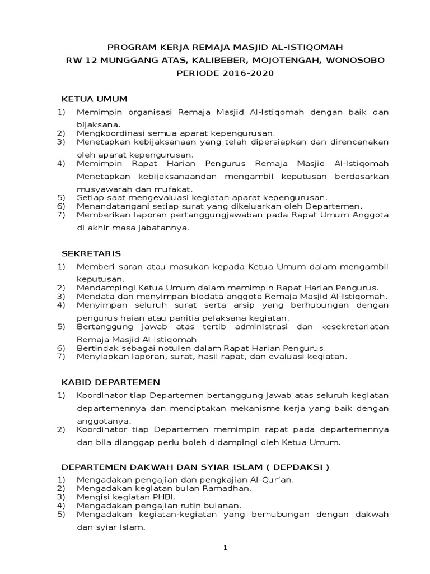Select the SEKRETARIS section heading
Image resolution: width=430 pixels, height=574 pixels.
(x=91, y=253)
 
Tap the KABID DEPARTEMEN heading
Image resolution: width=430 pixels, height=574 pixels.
(x=110, y=382)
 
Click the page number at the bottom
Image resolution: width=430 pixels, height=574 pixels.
(x=225, y=548)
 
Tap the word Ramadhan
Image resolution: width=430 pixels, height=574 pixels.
(x=226, y=488)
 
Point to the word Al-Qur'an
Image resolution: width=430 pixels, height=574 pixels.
(x=272, y=480)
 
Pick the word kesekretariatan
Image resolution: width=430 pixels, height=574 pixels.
(x=354, y=326)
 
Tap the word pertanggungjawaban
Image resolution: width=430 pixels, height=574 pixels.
(x=209, y=214)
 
